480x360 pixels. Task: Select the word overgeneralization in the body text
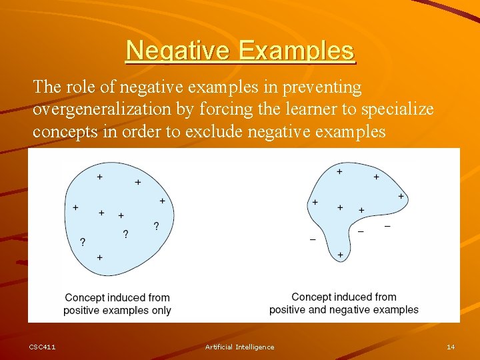(x=103, y=109)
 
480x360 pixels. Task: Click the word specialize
(x=397, y=109)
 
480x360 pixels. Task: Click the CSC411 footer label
(x=43, y=347)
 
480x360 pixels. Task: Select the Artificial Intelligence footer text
(x=239, y=347)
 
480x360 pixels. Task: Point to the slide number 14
(x=451, y=347)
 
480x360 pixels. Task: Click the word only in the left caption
(x=161, y=310)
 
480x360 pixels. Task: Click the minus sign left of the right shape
(x=313, y=239)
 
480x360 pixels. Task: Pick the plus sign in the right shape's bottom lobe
(x=340, y=255)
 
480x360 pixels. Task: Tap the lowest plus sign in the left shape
(x=99, y=257)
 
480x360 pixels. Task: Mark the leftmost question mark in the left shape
(x=83, y=241)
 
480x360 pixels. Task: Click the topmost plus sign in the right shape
(x=340, y=171)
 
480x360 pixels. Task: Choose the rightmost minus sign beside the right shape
(x=387, y=227)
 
